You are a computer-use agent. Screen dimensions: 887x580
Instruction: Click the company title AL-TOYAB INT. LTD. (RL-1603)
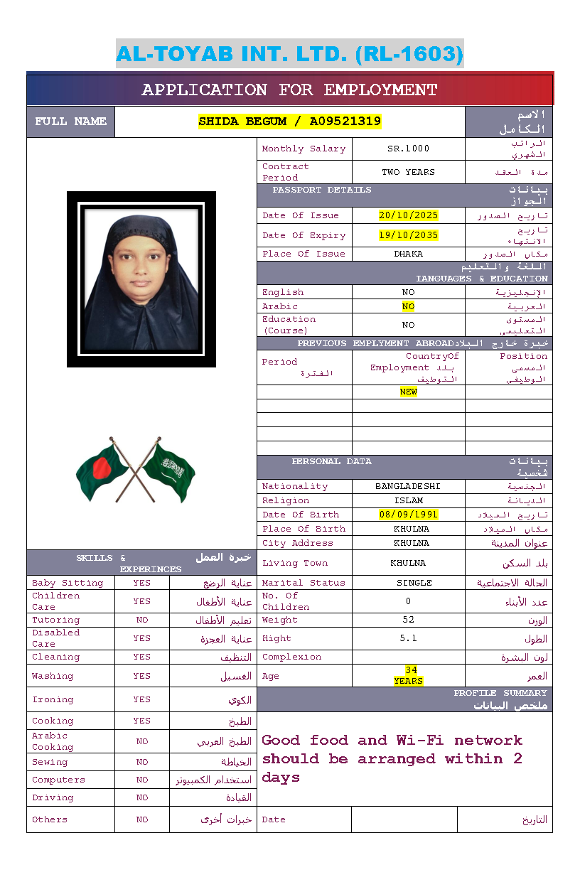pyautogui.click(x=289, y=54)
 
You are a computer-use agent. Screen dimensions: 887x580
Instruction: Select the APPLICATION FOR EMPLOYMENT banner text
pyautogui.click(x=289, y=90)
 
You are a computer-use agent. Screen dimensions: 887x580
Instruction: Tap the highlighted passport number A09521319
pyautogui.click(x=345, y=122)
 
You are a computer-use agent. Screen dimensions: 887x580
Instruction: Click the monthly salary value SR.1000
pyautogui.click(x=408, y=149)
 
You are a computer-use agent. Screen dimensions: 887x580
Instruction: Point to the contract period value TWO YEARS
pyautogui.click(x=408, y=172)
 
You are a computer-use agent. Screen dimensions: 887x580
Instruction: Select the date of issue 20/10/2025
pyautogui.click(x=408, y=215)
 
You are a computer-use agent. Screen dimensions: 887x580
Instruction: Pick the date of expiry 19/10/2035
pyautogui.click(x=408, y=235)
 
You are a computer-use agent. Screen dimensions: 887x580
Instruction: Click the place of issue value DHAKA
pyautogui.click(x=408, y=254)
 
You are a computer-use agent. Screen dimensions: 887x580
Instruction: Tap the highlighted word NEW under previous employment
pyautogui.click(x=408, y=392)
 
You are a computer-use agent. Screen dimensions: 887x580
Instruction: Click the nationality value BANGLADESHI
pyautogui.click(x=408, y=486)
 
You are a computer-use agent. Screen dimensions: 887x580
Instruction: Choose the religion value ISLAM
pyautogui.click(x=408, y=500)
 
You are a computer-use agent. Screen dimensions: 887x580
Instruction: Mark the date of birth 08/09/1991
pyautogui.click(x=408, y=515)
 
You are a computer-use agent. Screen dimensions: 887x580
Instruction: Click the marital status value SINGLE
pyautogui.click(x=414, y=583)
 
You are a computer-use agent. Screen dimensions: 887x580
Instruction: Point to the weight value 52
pyautogui.click(x=408, y=620)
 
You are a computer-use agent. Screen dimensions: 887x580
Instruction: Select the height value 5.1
pyautogui.click(x=408, y=638)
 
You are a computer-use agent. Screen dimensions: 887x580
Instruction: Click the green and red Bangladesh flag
pyautogui.click(x=102, y=470)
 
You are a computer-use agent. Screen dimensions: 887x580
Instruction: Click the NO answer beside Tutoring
pyautogui.click(x=142, y=620)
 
